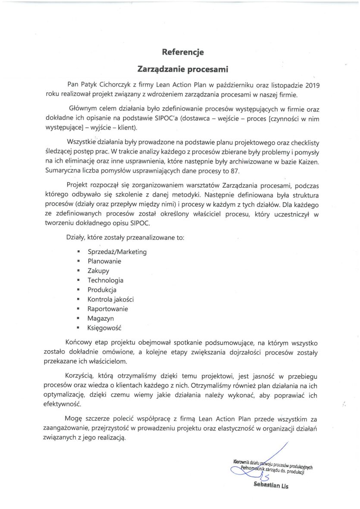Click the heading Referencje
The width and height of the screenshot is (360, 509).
click(x=182, y=52)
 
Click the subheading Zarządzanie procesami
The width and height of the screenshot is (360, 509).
click(x=182, y=69)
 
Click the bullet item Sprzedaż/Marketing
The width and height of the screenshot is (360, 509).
click(x=117, y=251)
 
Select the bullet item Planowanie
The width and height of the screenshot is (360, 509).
click(x=104, y=261)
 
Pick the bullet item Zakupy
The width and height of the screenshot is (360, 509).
click(x=98, y=270)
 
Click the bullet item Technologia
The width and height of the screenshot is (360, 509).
click(x=105, y=280)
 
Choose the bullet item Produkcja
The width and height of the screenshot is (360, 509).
click(x=102, y=290)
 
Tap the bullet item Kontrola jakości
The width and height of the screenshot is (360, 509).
click(x=110, y=299)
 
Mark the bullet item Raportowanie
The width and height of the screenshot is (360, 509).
click(x=107, y=309)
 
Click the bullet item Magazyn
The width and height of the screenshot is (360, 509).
click(x=100, y=318)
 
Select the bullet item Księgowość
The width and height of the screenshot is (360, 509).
click(x=105, y=328)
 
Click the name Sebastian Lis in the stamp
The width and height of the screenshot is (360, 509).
click(x=271, y=486)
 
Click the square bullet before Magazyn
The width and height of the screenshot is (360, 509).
click(x=78, y=319)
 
